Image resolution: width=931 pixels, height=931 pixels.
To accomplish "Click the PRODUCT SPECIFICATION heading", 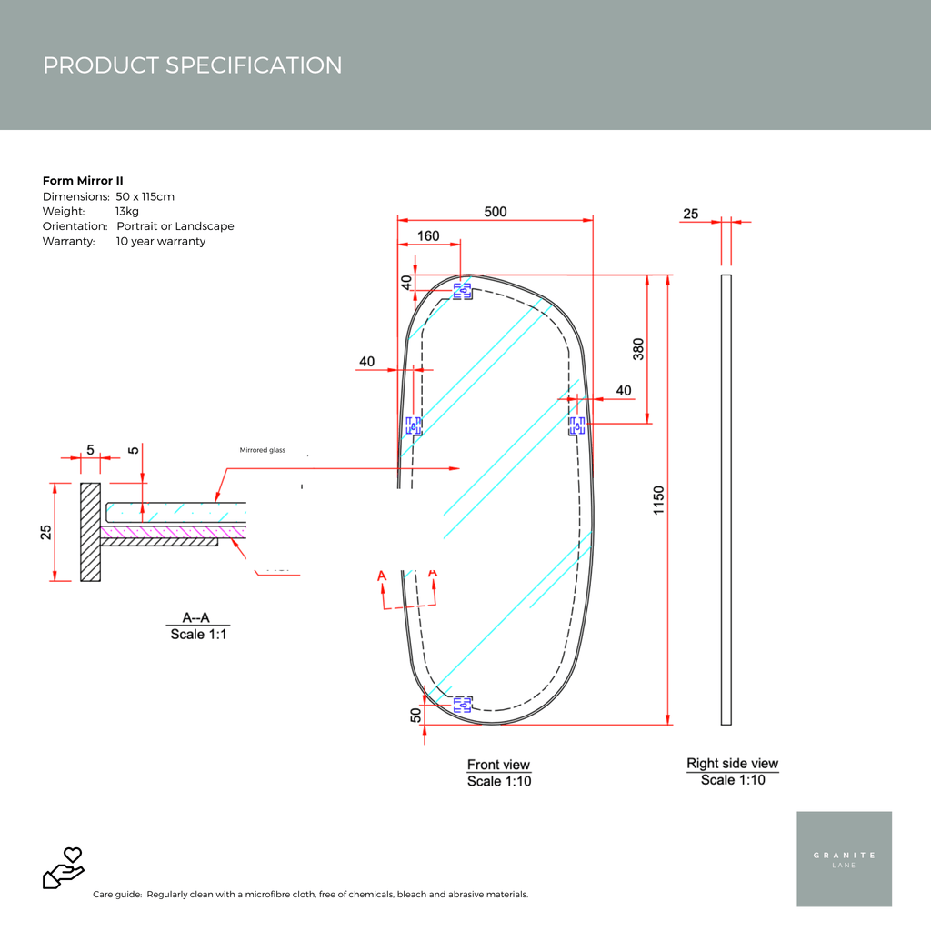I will click(193, 65).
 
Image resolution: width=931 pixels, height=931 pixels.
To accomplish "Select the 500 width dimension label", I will click(495, 212).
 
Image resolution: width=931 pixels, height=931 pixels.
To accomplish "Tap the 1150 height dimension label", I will click(659, 500).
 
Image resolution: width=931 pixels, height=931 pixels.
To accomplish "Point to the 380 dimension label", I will click(638, 349).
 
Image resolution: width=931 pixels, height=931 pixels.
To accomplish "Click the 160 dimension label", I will click(427, 236).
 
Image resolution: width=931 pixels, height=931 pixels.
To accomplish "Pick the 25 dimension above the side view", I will click(691, 214).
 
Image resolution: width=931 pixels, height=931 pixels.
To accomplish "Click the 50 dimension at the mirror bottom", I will click(416, 715).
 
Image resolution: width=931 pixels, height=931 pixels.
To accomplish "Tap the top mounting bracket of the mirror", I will click(463, 291).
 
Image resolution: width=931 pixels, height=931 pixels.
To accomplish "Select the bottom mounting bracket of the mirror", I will click(463, 703).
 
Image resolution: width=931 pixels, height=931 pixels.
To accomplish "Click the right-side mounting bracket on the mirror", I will click(577, 425).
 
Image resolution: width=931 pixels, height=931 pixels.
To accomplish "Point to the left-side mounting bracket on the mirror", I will click(414, 425).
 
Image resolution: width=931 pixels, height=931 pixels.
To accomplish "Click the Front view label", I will click(498, 765).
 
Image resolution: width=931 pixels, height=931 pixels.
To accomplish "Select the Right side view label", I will click(732, 764).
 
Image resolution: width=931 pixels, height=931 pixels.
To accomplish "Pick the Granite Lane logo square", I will click(844, 858).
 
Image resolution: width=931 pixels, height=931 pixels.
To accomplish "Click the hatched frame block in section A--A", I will click(90, 532).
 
